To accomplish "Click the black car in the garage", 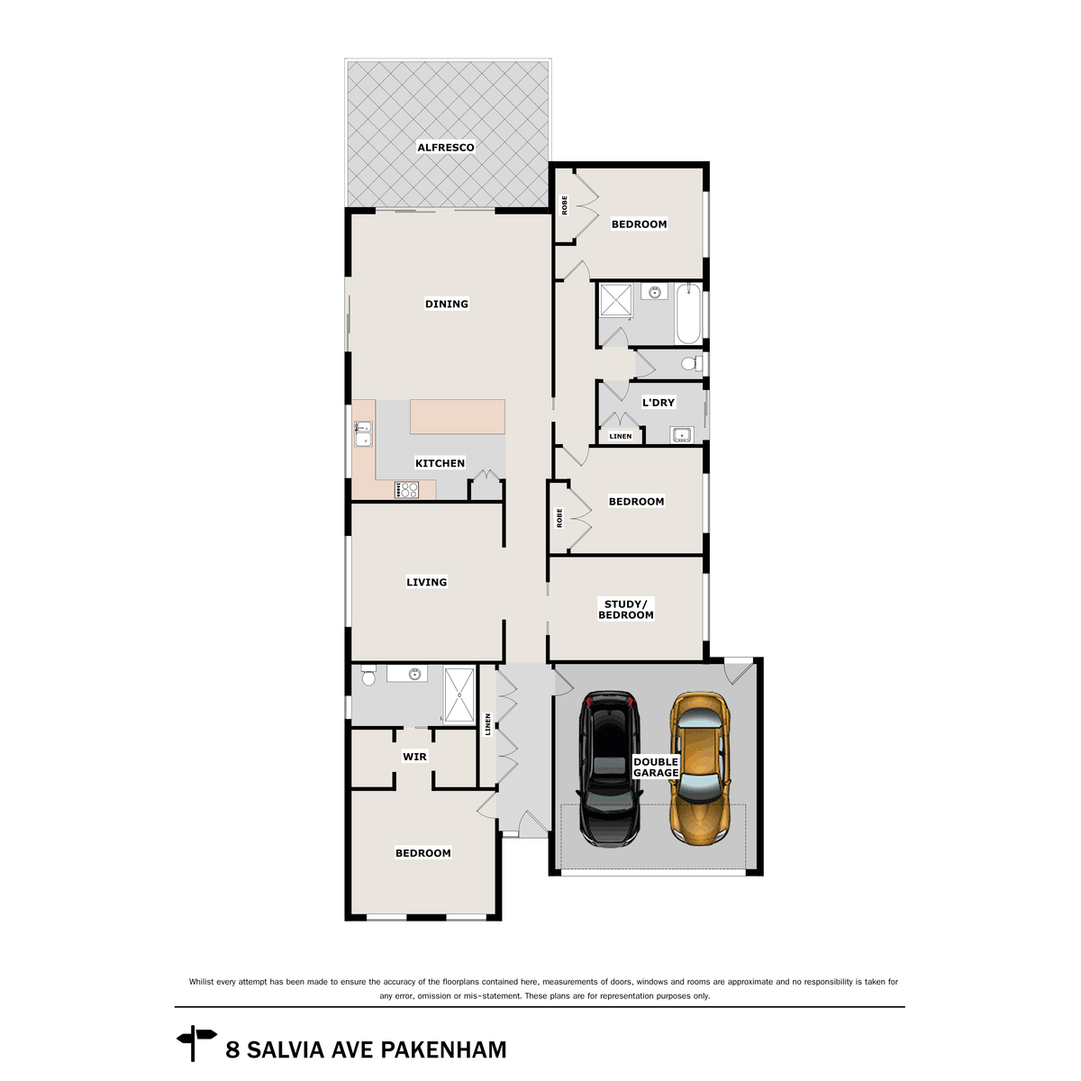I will coord(610,768).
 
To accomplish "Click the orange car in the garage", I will coord(698,768).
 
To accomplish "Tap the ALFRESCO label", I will coord(445,148).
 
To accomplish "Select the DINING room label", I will coord(447,304).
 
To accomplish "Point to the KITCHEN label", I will coord(440,463).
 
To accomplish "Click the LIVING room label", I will coord(426,582).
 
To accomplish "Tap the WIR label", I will coord(414,757).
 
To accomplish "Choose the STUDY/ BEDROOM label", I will coord(626,610).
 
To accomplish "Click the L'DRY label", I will coord(658,403).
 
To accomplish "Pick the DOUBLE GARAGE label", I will coord(656,768).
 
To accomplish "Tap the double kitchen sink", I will coord(362,434).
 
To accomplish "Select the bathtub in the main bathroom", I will coord(688,313).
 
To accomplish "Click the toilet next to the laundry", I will coord(691,364).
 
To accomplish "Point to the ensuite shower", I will coord(459,695).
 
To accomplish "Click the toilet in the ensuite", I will coord(368,676).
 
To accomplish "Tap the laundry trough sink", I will coord(681,436).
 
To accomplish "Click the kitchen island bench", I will coord(457,417).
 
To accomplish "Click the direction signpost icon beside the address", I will coord(195,1043).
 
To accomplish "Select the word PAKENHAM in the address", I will coord(443,1050).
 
